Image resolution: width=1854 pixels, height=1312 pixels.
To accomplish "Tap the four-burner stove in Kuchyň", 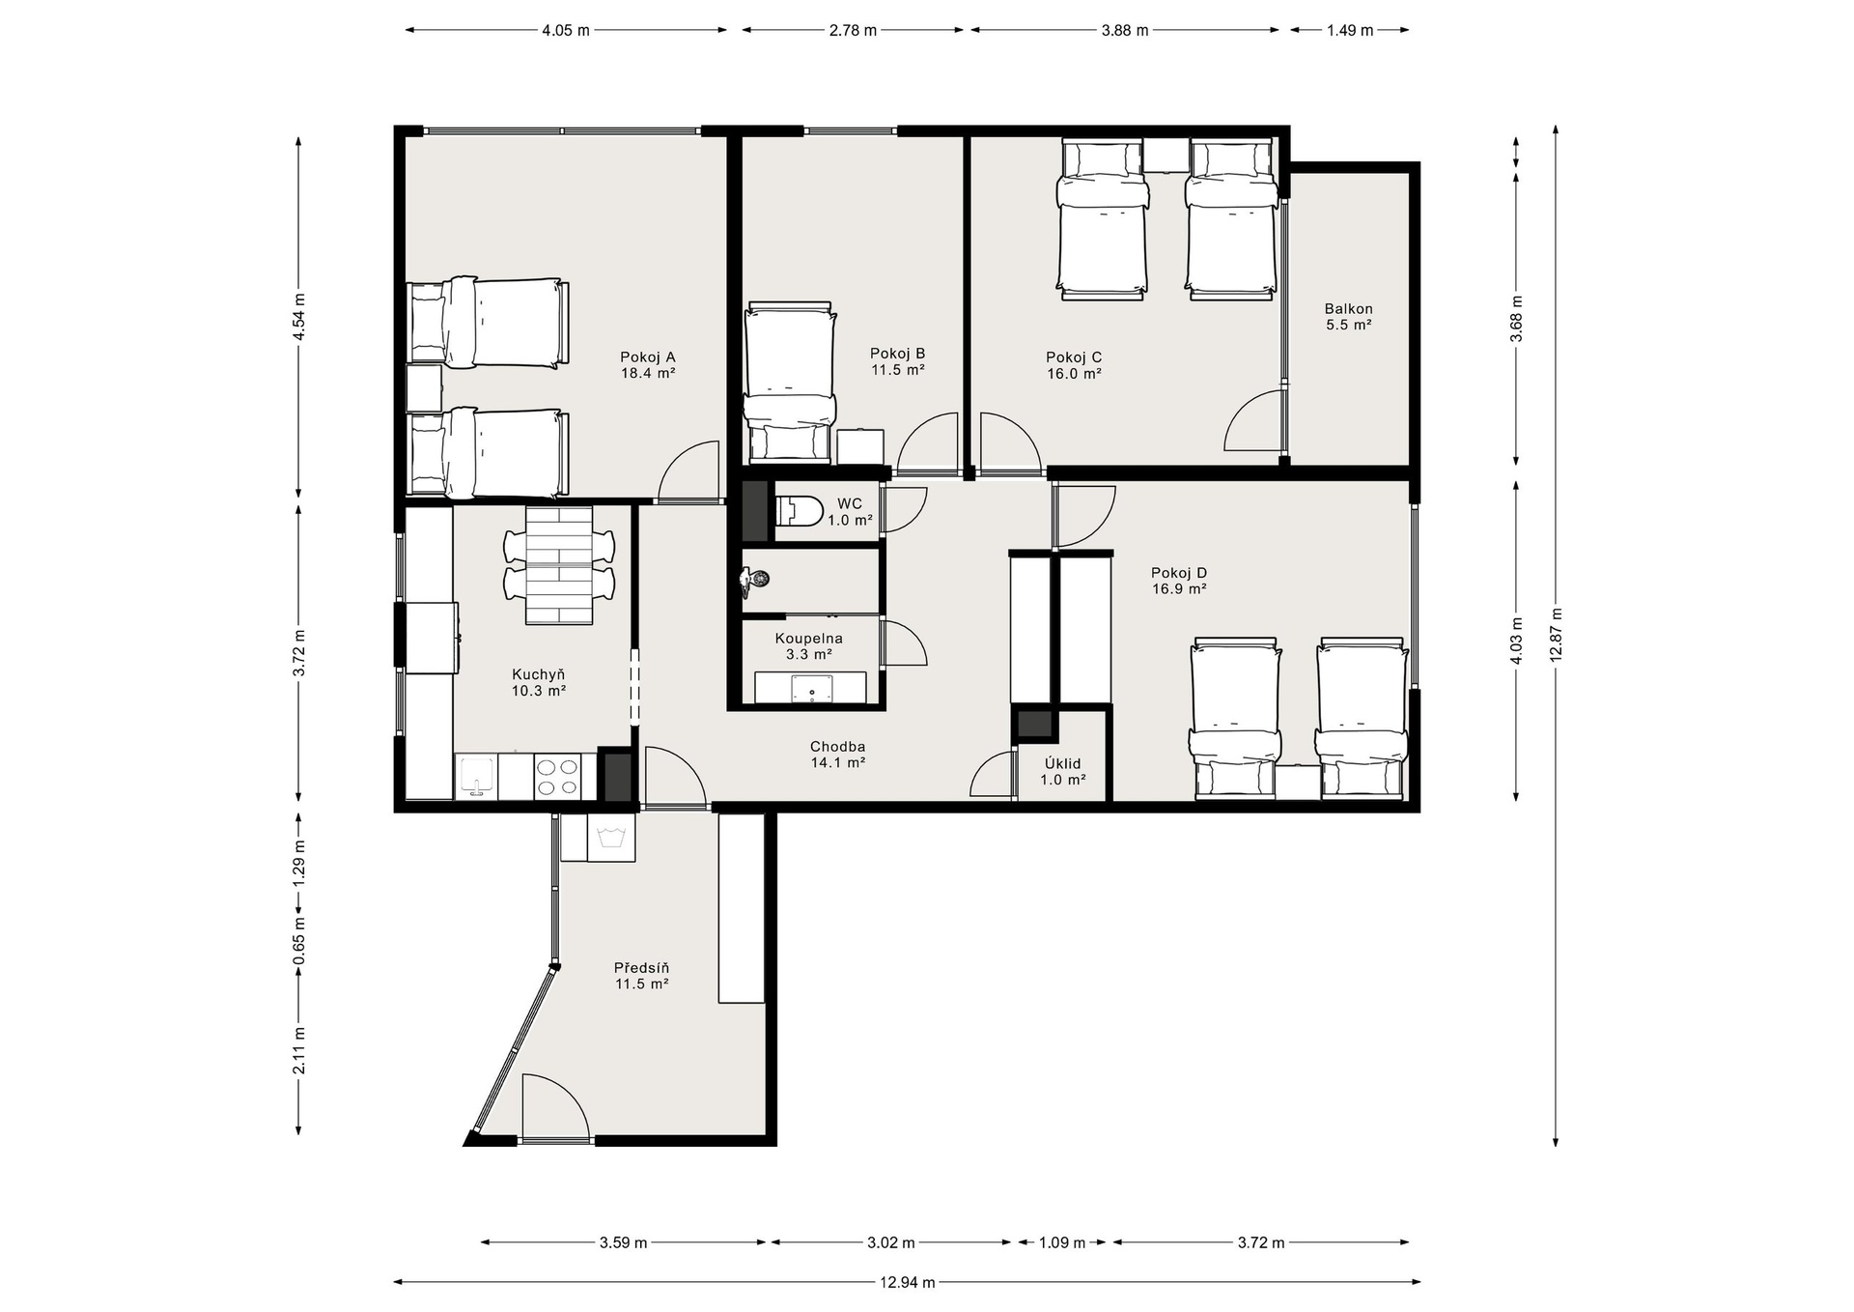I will coord(557,777).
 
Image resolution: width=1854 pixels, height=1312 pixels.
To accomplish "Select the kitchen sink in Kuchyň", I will coord(476,777).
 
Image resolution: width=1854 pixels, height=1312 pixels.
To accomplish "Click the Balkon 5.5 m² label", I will coord(1348,317).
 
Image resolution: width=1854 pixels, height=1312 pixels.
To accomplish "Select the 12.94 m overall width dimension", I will coord(907,1282).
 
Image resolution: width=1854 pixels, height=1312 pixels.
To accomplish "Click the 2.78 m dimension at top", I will coord(853,30).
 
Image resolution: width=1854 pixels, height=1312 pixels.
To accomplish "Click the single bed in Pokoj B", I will coord(790,382).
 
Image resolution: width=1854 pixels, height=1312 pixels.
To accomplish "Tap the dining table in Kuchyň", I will coord(559,565).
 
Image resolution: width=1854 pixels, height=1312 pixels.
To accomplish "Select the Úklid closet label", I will coord(1062,771).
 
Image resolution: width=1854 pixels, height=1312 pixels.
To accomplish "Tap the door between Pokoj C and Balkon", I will coord(1255,420).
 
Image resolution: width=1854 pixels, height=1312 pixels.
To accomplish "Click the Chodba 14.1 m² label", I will coord(837,754).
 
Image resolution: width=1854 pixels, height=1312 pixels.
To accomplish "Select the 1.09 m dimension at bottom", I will coord(1061,1242).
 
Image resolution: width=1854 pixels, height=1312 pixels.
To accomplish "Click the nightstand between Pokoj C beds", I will coord(1167,155).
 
